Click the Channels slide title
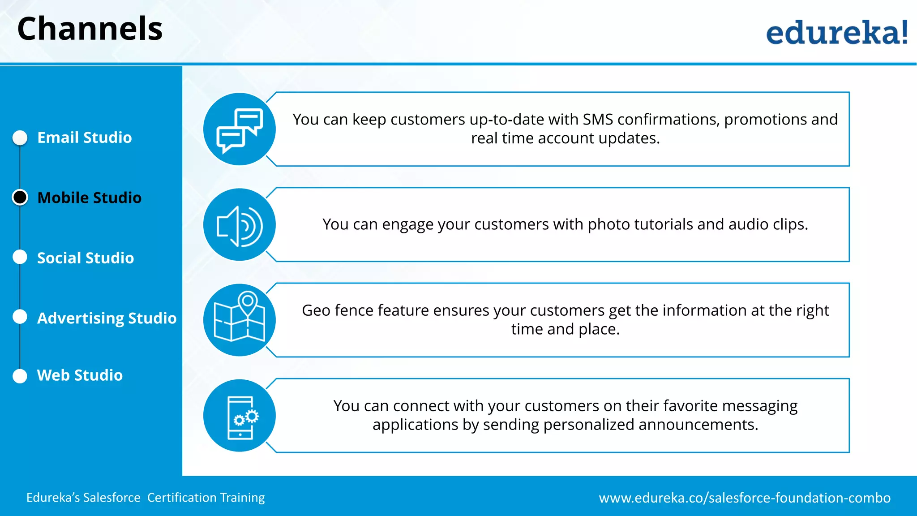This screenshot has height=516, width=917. (x=90, y=29)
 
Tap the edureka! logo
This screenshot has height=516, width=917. (x=836, y=33)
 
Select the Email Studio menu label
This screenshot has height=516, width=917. (x=85, y=138)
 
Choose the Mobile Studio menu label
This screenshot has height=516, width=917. (x=90, y=198)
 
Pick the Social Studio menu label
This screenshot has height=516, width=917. (x=86, y=258)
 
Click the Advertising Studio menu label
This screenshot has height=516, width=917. (x=107, y=318)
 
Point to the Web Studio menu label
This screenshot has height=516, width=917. (x=80, y=375)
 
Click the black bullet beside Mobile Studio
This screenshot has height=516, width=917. (x=20, y=198)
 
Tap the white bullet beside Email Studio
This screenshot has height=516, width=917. (x=20, y=138)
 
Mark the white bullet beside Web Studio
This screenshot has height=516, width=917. (x=20, y=376)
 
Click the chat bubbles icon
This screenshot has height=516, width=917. (x=240, y=129)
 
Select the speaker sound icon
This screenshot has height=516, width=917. (x=240, y=225)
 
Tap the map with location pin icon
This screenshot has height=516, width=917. (x=240, y=320)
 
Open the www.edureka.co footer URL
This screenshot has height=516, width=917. (x=745, y=498)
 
